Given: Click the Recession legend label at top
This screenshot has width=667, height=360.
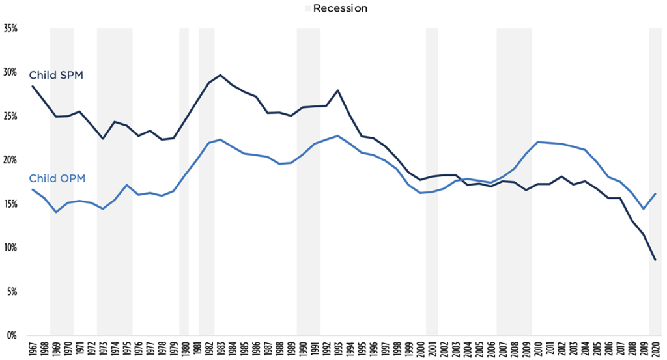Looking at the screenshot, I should click(340, 8).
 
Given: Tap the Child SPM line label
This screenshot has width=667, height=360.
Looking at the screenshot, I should click(55, 76).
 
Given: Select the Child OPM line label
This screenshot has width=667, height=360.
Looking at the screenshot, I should click(57, 178).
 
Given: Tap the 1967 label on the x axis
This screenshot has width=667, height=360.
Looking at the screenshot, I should click(33, 349).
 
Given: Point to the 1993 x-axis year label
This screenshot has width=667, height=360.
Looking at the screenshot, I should click(338, 349).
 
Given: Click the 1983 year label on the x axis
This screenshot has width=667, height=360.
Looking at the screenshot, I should click(220, 349).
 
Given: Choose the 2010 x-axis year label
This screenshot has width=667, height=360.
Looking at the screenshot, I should click(537, 349).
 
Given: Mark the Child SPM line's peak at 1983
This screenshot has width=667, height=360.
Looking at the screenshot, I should click(220, 75).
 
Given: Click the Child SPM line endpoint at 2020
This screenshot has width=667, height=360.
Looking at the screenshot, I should click(655, 260).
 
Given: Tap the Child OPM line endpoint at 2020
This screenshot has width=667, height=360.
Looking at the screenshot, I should click(655, 194).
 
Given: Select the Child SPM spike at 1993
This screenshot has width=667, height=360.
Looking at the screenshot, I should click(338, 90).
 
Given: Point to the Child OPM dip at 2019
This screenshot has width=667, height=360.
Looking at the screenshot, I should click(643, 209).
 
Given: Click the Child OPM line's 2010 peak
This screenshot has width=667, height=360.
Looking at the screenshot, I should click(537, 142).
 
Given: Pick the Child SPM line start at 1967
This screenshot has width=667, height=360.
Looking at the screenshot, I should click(33, 87).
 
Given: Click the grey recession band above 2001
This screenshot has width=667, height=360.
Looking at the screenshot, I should click(431, 182).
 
